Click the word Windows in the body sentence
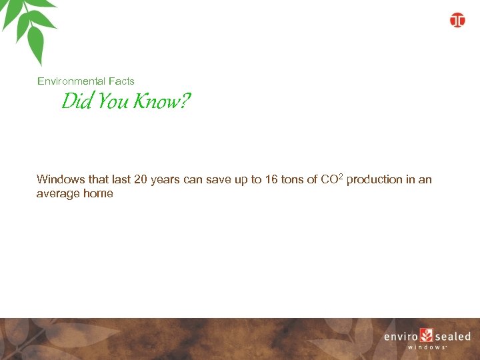point(61,179)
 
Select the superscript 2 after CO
point(340,177)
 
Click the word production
point(374,179)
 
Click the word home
point(97,194)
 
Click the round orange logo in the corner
point(457,20)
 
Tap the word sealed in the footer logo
point(453,337)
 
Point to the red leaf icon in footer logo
point(427,336)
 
